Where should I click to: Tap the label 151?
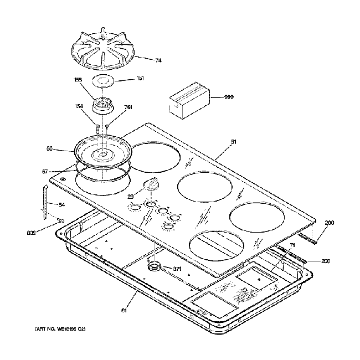tap(140, 78)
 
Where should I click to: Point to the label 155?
tap(78, 80)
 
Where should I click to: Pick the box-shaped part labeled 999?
tap(188, 99)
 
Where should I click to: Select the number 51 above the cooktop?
tap(233, 142)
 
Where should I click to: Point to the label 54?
tap(61, 204)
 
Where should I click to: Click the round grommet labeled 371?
tap(155, 268)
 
